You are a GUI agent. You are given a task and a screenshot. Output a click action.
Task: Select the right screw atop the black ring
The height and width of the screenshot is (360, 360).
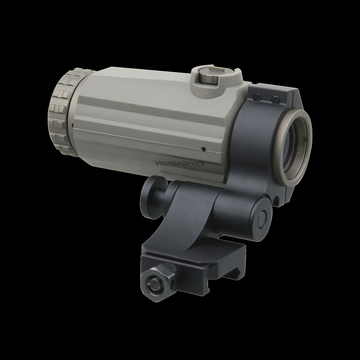coord(276,98)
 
